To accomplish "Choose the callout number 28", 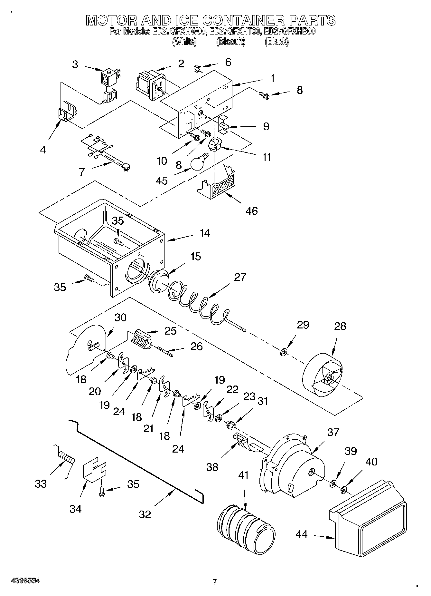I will coord(340,326).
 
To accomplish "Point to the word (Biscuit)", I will coord(230,42).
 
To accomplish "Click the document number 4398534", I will coord(25,580).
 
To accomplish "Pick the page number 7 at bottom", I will coord(215,582).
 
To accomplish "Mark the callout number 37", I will coord(333,432).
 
